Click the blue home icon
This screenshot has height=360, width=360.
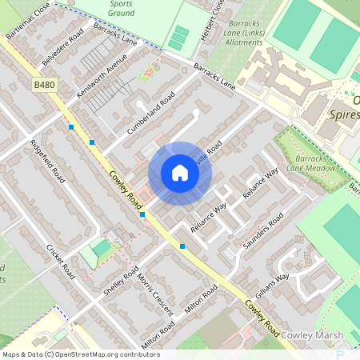tap(180, 173)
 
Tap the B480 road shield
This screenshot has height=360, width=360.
tap(45, 84)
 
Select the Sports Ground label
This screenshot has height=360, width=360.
tap(121, 9)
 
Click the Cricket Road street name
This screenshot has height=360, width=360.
tap(61, 261)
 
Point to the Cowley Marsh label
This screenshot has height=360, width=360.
tap(312, 334)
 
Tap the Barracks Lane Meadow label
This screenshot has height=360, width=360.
tap(304, 163)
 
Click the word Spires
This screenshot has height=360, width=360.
tap(344, 115)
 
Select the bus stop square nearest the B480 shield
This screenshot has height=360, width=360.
tap(71, 127)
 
